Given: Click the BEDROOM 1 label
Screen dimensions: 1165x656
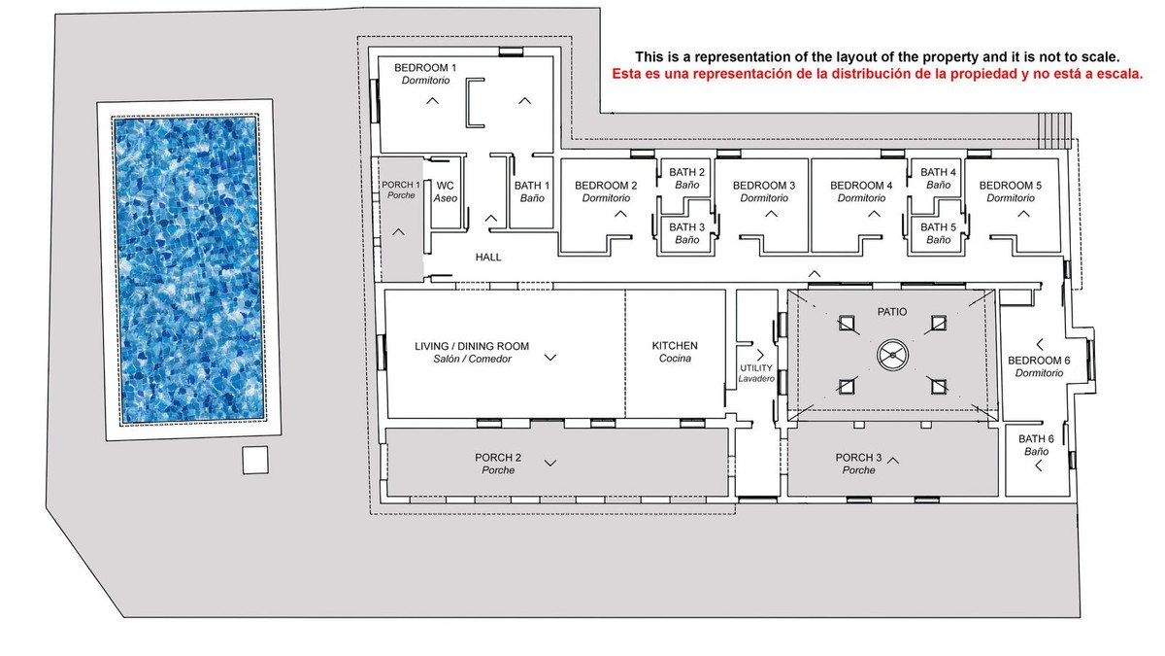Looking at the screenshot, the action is coord(425,74).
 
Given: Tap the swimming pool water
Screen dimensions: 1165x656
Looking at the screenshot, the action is coord(188,270).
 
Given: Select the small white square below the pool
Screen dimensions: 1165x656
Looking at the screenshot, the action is coord(255,460).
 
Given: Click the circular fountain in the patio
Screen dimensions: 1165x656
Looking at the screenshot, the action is coord(892,355).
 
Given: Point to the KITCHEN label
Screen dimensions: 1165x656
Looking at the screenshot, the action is coord(675,352).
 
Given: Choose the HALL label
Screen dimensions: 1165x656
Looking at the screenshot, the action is coord(487,258).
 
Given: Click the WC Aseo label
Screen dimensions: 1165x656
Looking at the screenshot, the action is coord(446,191).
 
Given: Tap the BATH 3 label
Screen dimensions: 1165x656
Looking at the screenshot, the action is coord(686,233).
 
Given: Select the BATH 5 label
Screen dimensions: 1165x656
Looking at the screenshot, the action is coord(938,233).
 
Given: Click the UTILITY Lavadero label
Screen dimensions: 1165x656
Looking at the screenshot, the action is coord(756,373).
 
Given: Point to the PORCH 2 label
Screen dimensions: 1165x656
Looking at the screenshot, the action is coord(498,464).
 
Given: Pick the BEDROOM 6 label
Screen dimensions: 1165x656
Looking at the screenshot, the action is coord(1039,366).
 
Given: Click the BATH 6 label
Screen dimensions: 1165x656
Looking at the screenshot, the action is coord(1036,445).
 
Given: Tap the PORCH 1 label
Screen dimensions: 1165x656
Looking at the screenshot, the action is coord(401,190).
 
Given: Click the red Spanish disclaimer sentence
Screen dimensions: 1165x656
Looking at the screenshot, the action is coord(877,74).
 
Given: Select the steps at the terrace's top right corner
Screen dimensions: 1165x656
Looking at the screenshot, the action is coord(1054,130).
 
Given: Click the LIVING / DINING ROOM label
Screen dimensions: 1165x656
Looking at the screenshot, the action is coord(472,353).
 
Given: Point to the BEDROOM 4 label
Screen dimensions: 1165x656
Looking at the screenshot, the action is coord(861,191).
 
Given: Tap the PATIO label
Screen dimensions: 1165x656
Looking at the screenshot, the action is coord(892,312).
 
